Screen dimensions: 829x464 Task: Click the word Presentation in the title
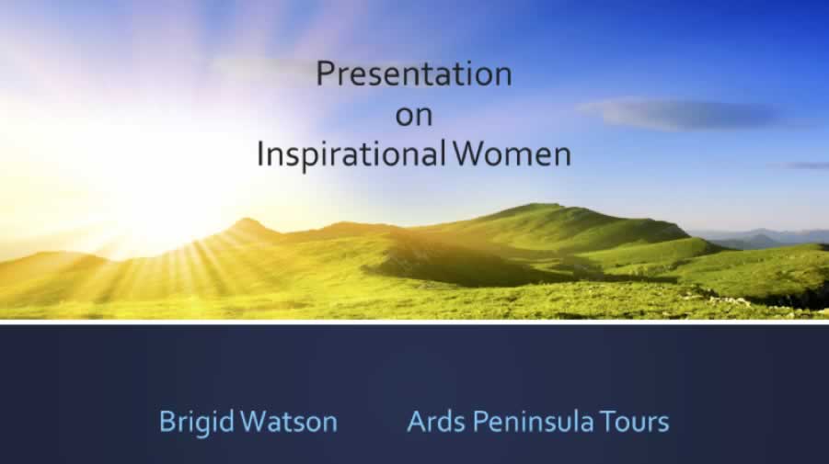pos(414,74)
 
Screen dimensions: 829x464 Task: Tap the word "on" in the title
pos(414,116)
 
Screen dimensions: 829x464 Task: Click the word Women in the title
pos(512,154)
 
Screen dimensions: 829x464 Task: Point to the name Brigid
pos(197,423)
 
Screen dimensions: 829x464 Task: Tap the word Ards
pos(436,421)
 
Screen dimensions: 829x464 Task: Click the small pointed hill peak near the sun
pos(248,224)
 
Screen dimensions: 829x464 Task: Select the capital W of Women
pos(472,154)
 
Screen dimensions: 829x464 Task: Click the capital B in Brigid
pos(168,422)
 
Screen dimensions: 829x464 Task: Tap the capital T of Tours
pos(609,422)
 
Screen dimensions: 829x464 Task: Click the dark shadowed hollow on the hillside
pos(466,266)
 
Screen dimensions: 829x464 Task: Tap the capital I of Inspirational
pos(260,154)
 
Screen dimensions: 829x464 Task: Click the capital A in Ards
pos(418,422)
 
